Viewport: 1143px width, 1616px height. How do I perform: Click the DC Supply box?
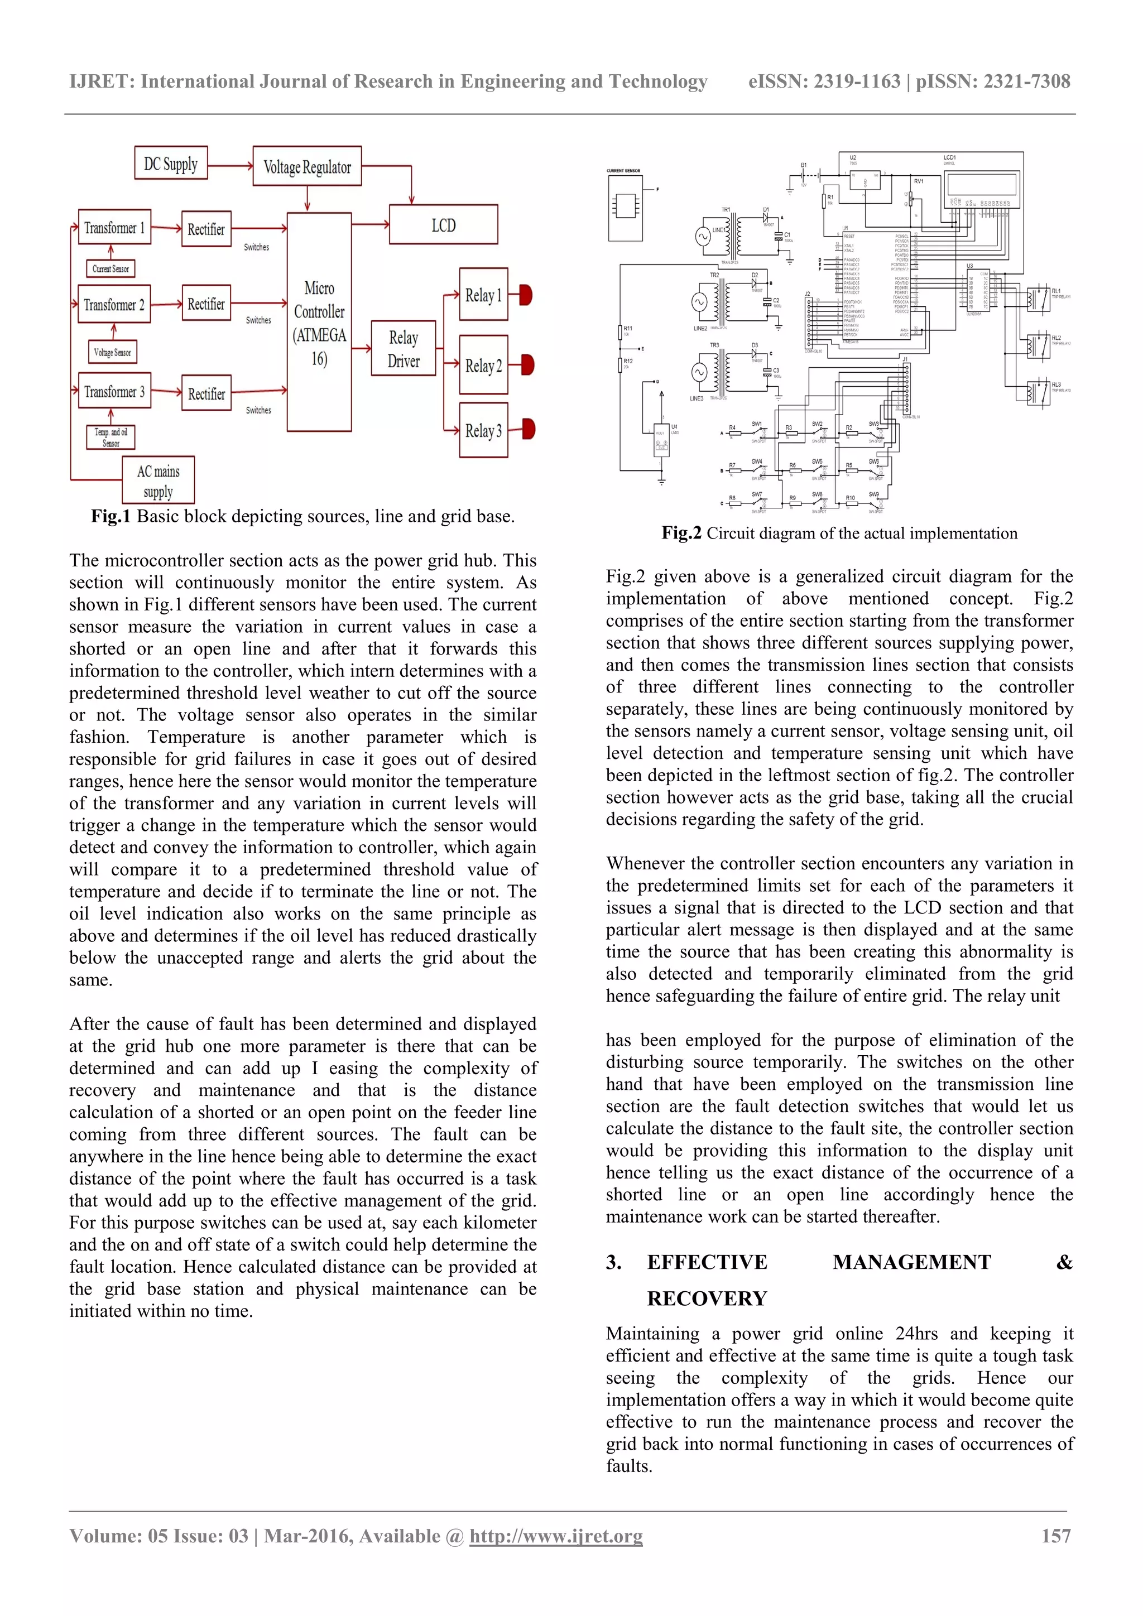point(171,163)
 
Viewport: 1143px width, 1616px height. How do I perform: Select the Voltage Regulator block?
point(307,167)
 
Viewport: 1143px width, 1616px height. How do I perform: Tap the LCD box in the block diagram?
point(443,225)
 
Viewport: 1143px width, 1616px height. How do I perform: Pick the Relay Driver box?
point(404,348)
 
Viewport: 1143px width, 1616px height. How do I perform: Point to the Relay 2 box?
point(483,365)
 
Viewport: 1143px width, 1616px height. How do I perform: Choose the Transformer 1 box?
point(114,227)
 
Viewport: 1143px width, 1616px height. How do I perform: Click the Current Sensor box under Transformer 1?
point(111,269)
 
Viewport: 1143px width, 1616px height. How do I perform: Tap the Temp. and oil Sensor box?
point(111,437)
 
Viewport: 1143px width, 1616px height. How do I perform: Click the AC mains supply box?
point(159,480)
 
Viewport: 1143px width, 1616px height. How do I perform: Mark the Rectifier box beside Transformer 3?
point(206,393)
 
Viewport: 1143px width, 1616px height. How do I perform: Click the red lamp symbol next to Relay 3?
point(527,429)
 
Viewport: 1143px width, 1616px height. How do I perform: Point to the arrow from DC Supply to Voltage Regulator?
point(230,166)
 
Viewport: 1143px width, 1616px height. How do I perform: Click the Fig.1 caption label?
point(111,517)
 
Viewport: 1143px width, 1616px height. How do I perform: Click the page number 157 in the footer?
point(1056,1536)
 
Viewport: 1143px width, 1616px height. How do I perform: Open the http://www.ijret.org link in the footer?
point(556,1536)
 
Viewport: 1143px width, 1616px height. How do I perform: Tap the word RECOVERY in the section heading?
point(707,1298)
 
